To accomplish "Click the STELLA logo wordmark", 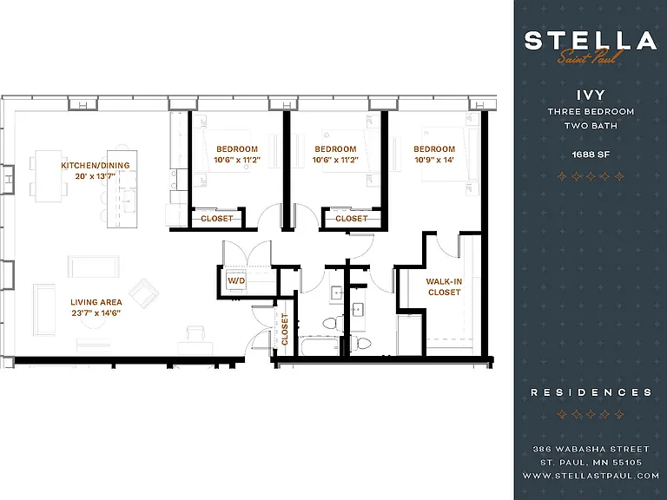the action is coord(591,41).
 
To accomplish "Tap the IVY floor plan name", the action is coord(591,95).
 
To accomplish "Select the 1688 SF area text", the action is coord(591,155).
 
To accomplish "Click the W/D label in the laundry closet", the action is coord(236,280).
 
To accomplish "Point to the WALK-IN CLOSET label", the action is coord(444,287).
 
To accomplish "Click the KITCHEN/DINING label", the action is coord(96,166).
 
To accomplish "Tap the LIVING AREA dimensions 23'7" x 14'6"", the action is coord(96,313).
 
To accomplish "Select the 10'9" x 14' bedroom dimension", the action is coord(434,160).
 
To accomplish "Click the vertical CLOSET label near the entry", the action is coord(285,329).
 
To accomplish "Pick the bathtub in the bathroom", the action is coord(320,346).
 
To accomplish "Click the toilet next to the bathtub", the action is coord(333,323).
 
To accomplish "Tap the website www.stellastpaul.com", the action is coord(591,476).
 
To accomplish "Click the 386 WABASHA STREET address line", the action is coord(591,449).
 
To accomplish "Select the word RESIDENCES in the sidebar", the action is coord(591,392).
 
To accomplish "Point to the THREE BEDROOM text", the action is coord(591,111).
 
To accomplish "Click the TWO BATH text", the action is coord(591,126).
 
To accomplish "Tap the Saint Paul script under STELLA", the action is coord(591,56).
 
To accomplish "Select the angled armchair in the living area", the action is coord(144,293).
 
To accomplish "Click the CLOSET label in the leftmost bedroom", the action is coord(217,219).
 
